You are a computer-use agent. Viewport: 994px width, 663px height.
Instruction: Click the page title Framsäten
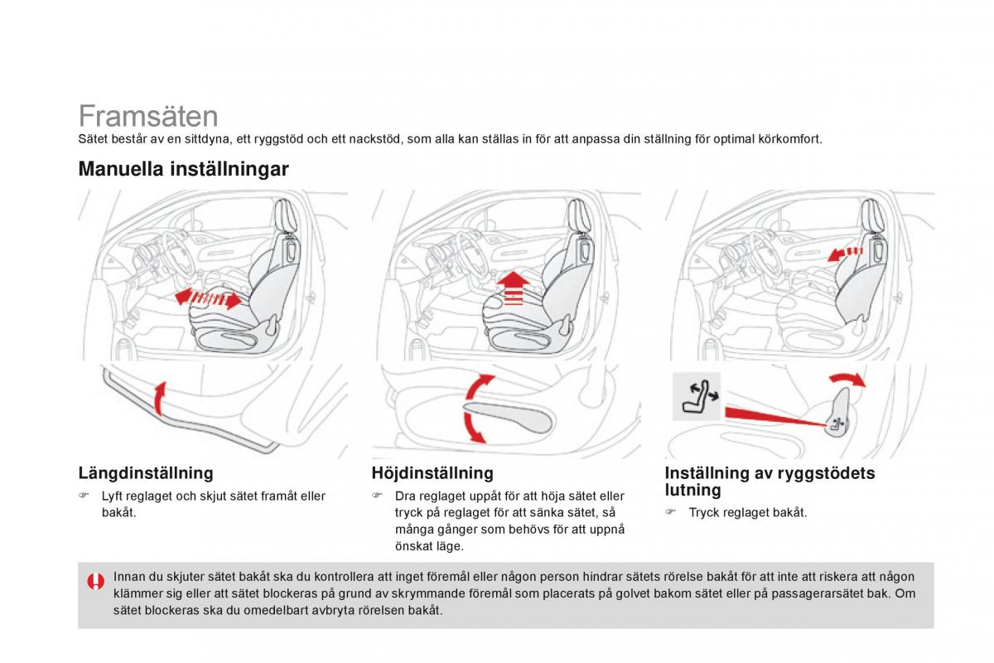[x=148, y=115]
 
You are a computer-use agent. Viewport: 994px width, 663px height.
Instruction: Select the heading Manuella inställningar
[x=183, y=169]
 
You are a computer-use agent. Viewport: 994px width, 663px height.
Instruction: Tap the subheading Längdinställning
[x=145, y=473]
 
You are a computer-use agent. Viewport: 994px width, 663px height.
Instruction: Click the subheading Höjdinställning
[x=432, y=473]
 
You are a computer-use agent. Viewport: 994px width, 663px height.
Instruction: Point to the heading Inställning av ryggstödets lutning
[x=770, y=481]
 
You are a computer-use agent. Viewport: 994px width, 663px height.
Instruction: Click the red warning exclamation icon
[x=96, y=581]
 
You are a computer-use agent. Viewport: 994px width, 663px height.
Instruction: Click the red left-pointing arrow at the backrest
[x=845, y=253]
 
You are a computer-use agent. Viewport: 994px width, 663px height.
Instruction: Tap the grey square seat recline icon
[x=696, y=395]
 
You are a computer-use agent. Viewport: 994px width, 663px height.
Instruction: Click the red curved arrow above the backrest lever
[x=847, y=380]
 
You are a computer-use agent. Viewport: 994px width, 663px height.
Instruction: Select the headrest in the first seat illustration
[x=284, y=217]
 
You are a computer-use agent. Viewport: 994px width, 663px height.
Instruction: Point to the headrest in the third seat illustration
[x=871, y=216]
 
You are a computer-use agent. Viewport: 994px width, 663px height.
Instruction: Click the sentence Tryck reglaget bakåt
[x=747, y=513]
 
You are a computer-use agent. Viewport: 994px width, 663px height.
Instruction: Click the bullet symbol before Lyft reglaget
[x=84, y=496]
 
